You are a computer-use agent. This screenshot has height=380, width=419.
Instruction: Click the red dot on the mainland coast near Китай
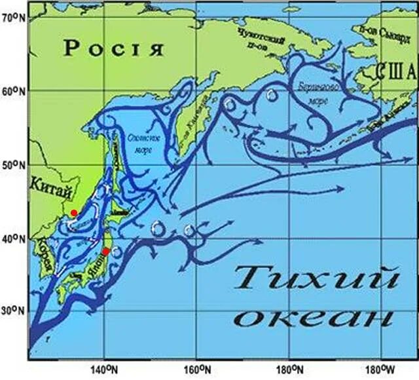[x=74, y=213]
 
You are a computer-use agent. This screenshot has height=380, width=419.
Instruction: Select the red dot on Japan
[x=106, y=252]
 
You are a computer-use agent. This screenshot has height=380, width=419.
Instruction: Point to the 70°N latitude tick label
[x=12, y=18]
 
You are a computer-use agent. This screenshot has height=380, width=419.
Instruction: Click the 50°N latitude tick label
[x=12, y=165]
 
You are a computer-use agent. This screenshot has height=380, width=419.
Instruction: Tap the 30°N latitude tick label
[x=12, y=311]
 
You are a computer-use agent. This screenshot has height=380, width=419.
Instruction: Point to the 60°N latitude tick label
[x=12, y=91]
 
